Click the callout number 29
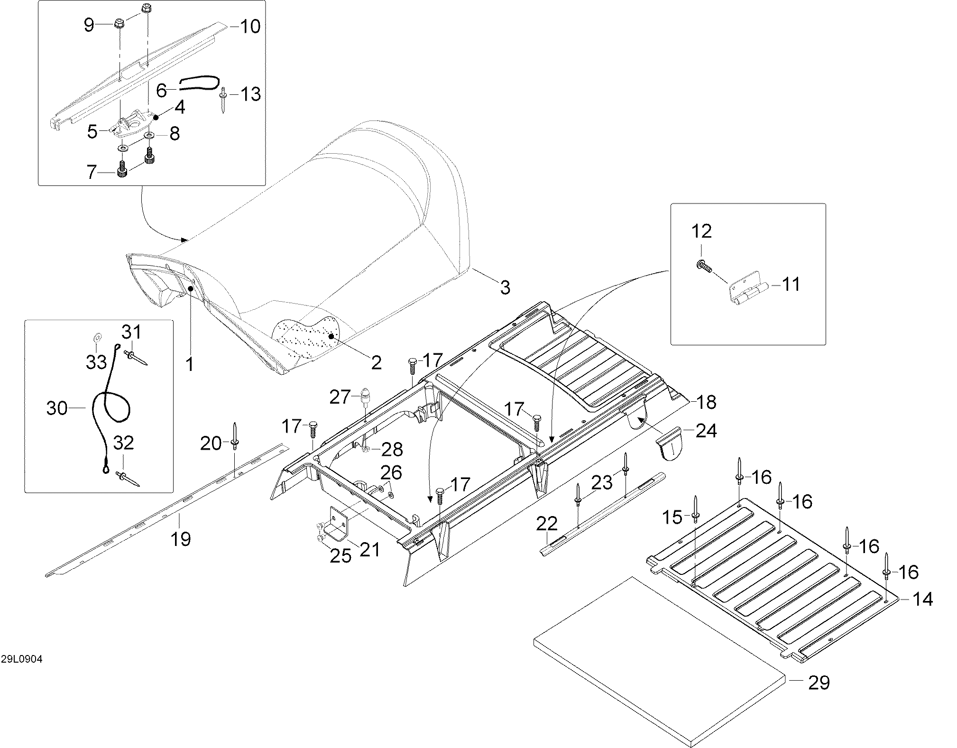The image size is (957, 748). click(x=819, y=683)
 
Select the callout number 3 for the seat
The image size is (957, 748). click(x=505, y=287)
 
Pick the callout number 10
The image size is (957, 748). click(x=250, y=26)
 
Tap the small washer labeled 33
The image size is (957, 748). click(x=97, y=337)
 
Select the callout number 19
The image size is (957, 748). click(x=180, y=539)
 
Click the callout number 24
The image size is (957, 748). click(x=706, y=431)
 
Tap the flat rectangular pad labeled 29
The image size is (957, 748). click(x=659, y=659)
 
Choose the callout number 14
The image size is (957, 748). click(x=923, y=599)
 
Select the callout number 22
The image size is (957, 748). click(x=547, y=524)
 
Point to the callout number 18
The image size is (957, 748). click(x=706, y=402)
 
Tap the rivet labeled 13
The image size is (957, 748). click(x=223, y=101)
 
